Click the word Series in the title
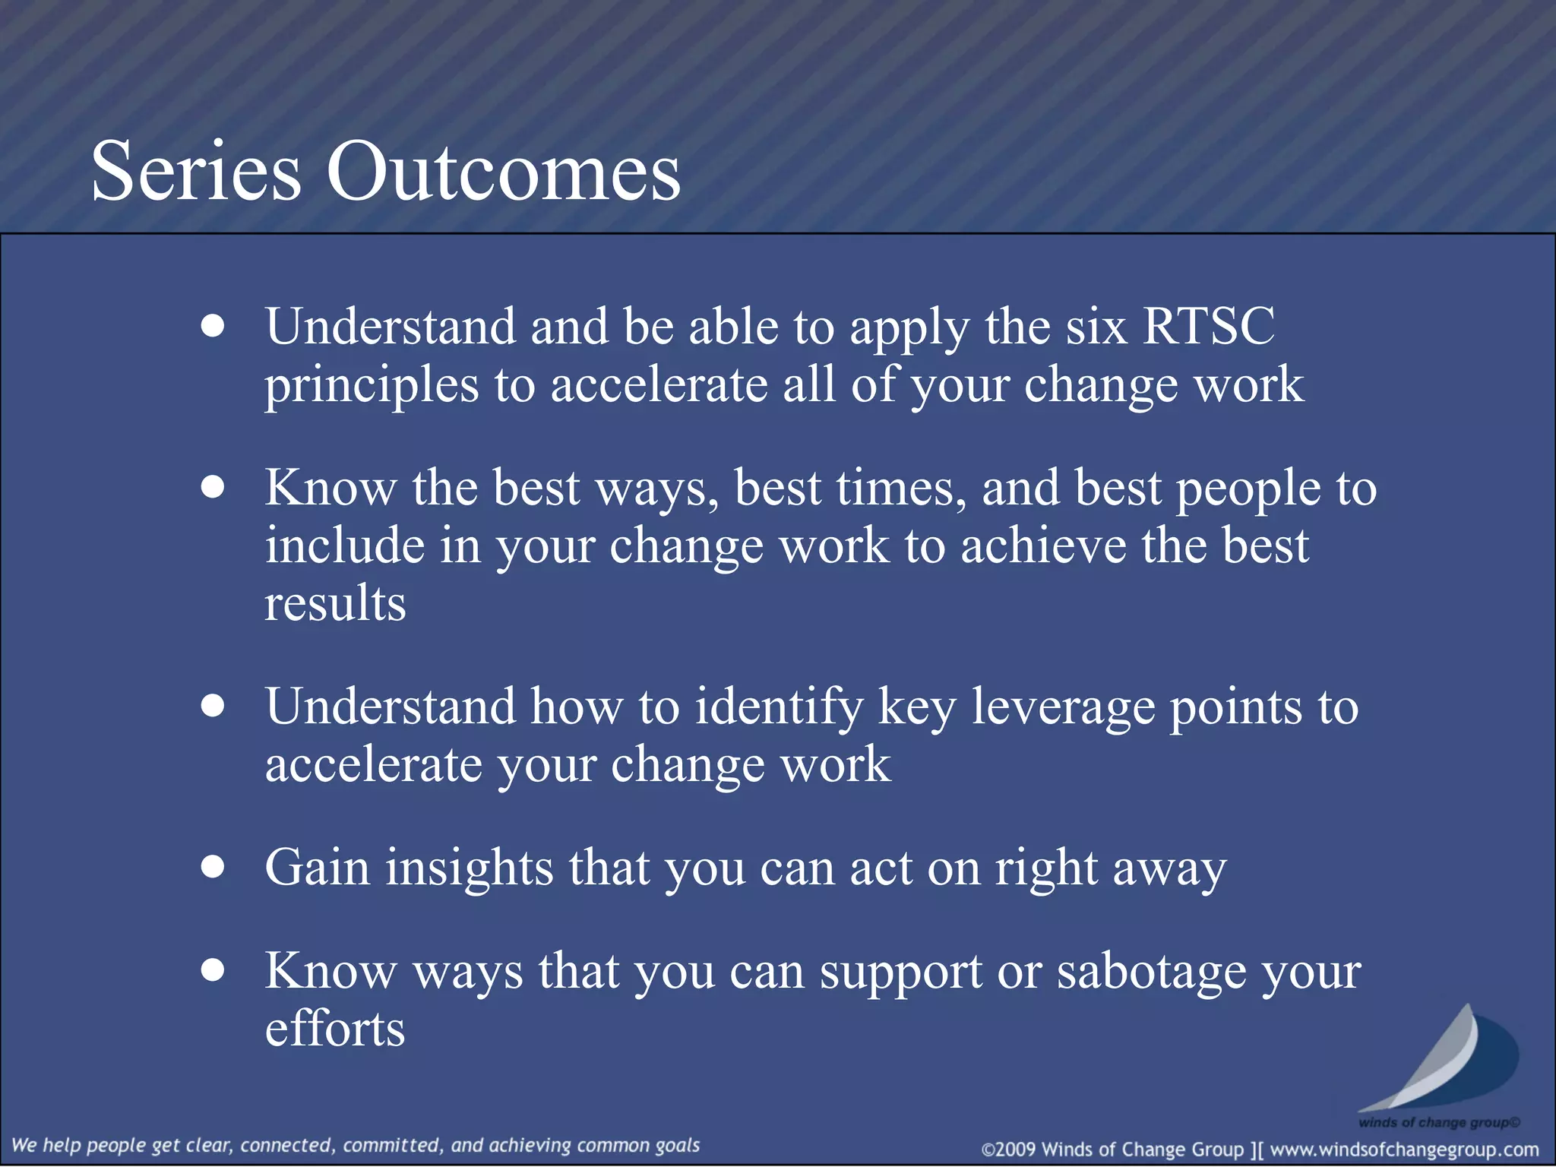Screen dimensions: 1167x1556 click(x=196, y=172)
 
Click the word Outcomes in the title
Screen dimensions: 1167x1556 click(x=503, y=172)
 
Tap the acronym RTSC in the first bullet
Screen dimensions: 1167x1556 click(x=1208, y=327)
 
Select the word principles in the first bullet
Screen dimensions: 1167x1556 click(x=372, y=386)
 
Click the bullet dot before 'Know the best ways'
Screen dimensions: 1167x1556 click(x=213, y=487)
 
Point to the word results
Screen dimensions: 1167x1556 click(x=335, y=604)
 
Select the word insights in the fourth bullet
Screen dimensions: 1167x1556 click(x=469, y=868)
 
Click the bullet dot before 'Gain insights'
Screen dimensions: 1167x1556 click(x=213, y=866)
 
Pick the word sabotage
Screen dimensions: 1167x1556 click(x=1151, y=972)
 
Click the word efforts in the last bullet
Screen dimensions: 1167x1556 click(x=335, y=1029)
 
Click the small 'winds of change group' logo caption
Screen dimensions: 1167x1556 click(x=1438, y=1122)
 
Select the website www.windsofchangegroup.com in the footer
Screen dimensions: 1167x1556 click(x=1404, y=1150)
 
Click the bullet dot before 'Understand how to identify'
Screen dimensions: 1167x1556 click(x=213, y=706)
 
